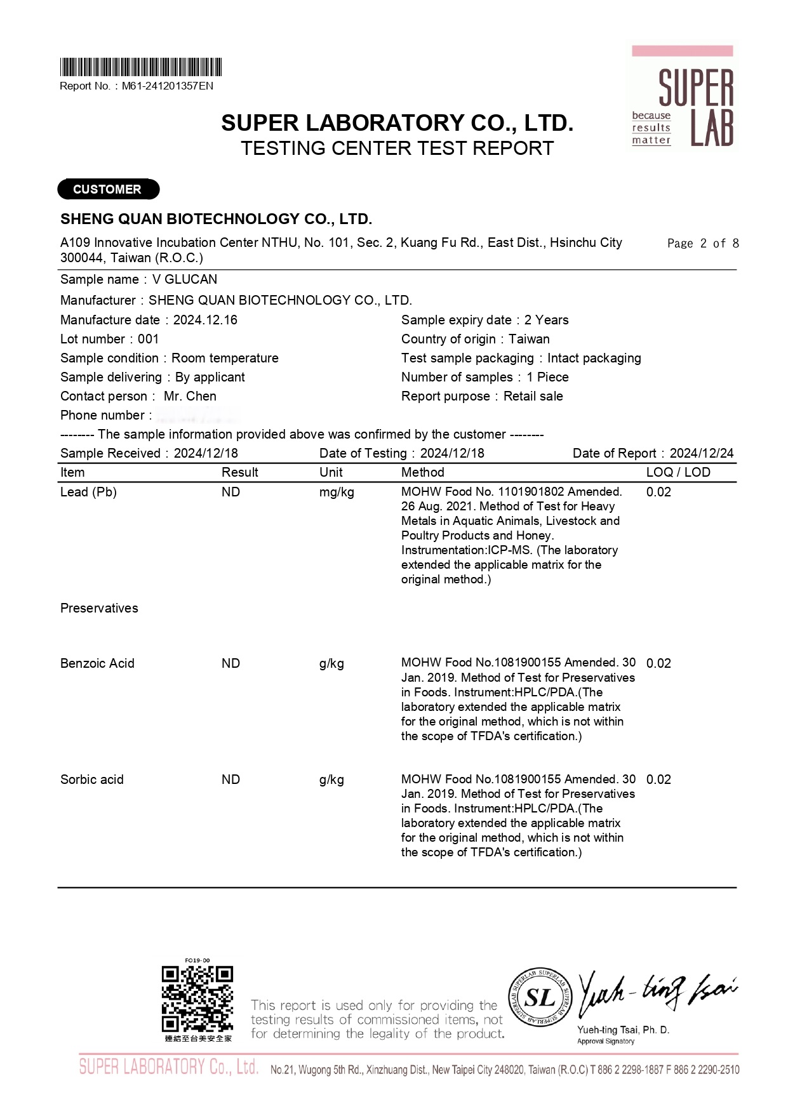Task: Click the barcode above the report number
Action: pos(140,67)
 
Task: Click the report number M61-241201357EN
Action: pos(168,86)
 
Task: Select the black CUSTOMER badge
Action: pos(108,189)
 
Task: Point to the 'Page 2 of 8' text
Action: pos(703,243)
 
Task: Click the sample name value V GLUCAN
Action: pos(185,279)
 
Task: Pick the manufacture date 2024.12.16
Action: pos(205,320)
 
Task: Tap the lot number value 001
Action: pos(148,339)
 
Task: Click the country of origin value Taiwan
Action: pos(529,339)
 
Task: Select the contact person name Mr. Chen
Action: pos(190,396)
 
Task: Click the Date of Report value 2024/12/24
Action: pos(702,453)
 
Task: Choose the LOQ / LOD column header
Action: pos(678,472)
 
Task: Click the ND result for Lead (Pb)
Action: pos(230,492)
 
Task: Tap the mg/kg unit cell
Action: pos(337,492)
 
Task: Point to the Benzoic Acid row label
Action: pos(97,663)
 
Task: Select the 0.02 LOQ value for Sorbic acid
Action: pos(658,779)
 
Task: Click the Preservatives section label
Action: pos(99,608)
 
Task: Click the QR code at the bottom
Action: pos(197,999)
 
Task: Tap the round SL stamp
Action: pos(540,998)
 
